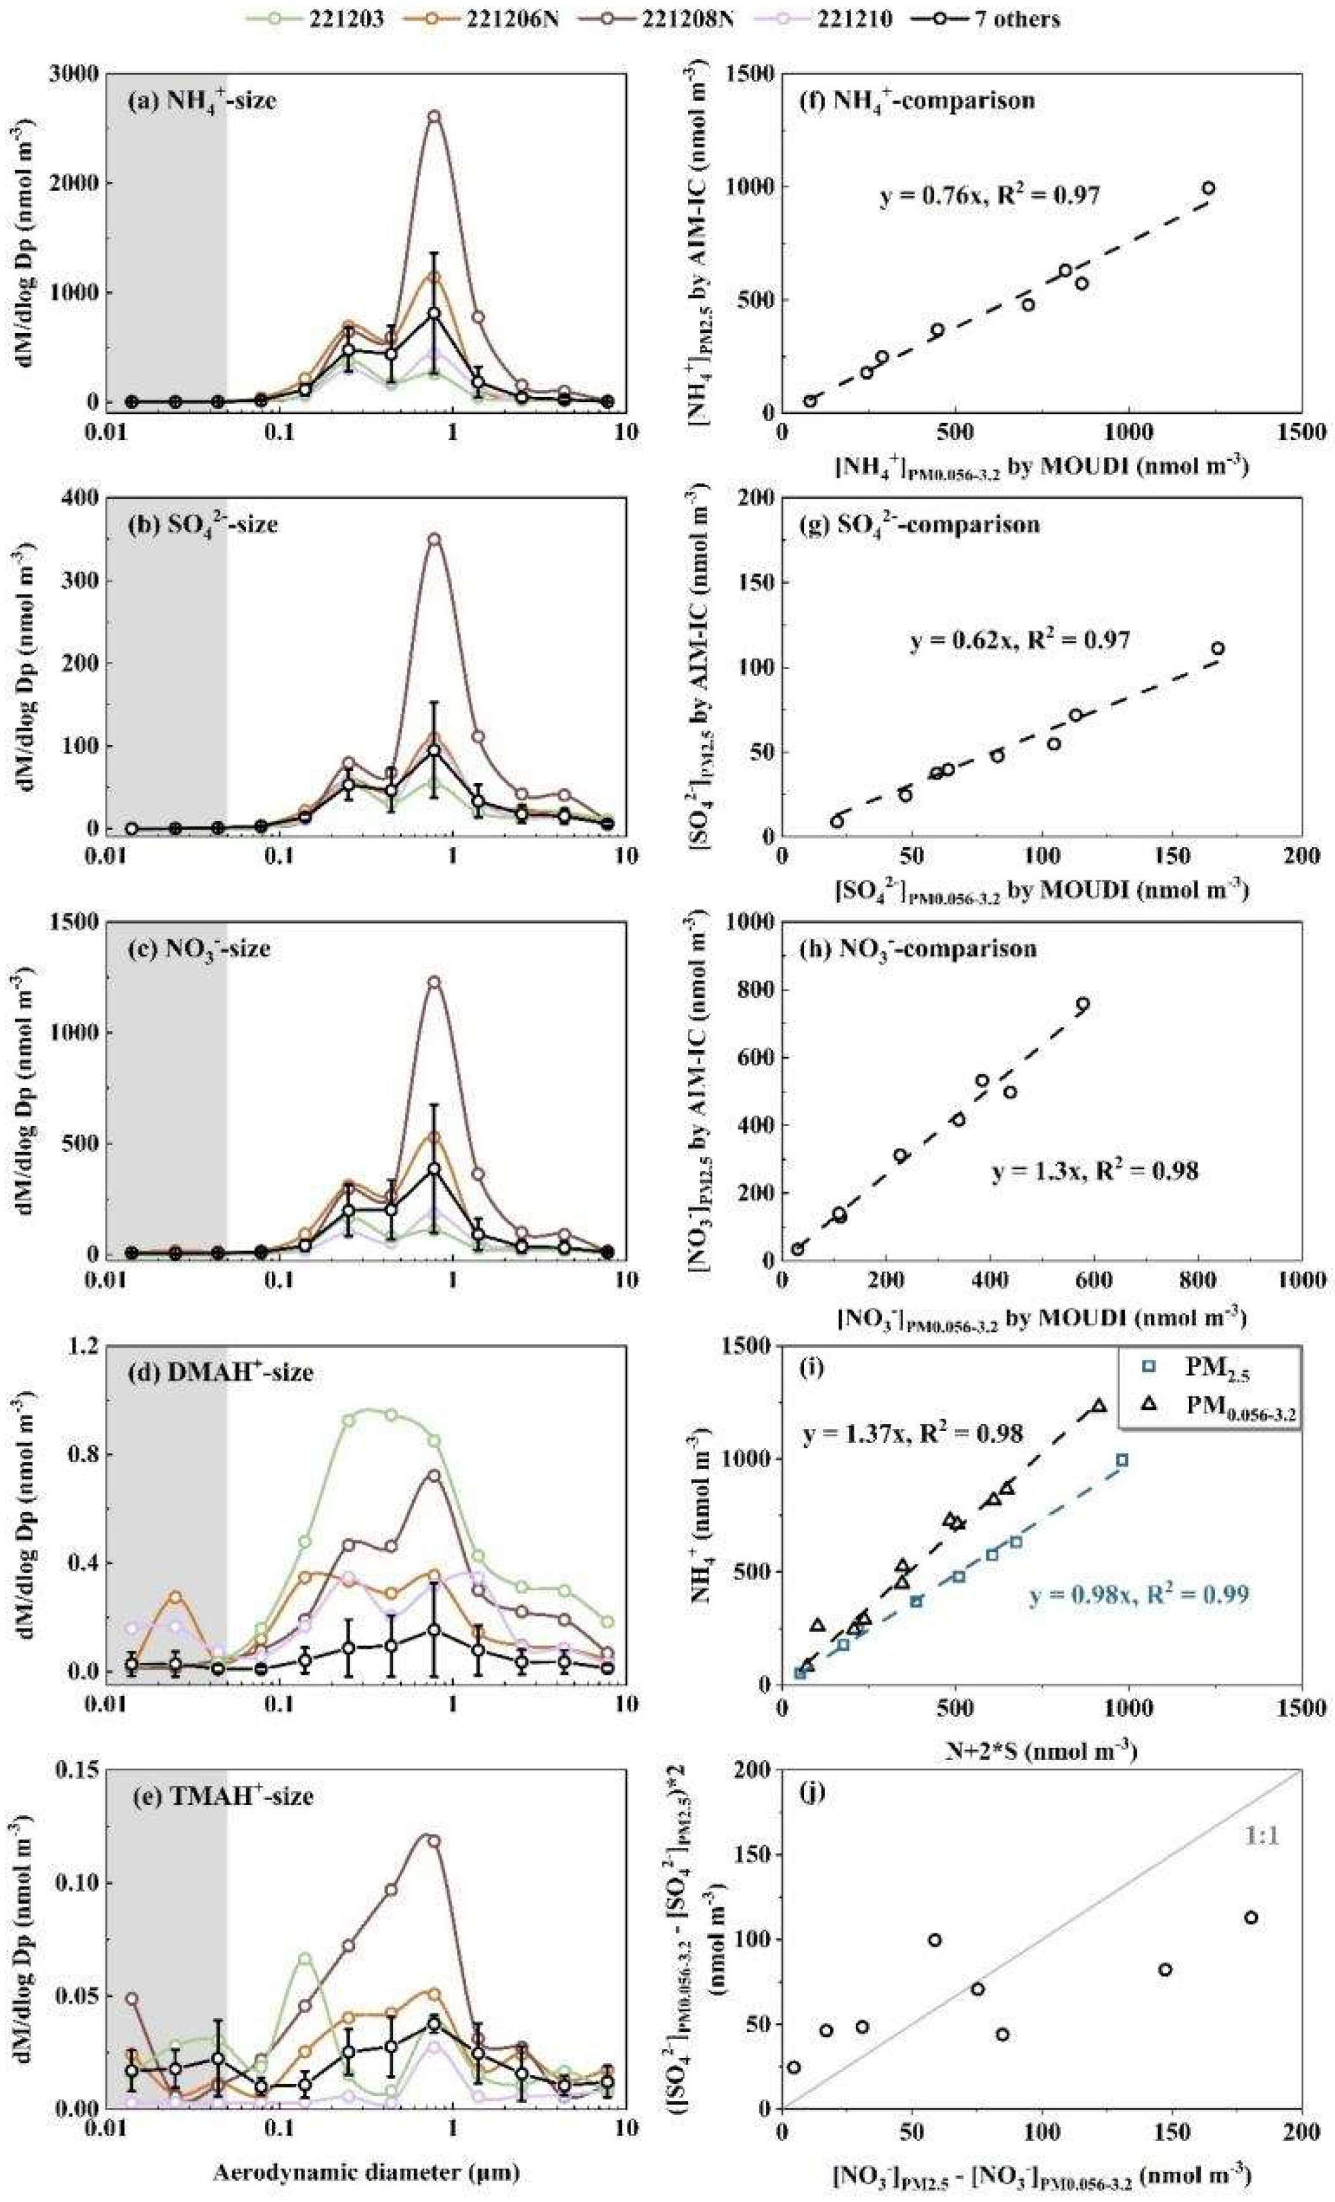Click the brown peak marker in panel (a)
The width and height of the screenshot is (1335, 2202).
point(434,116)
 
